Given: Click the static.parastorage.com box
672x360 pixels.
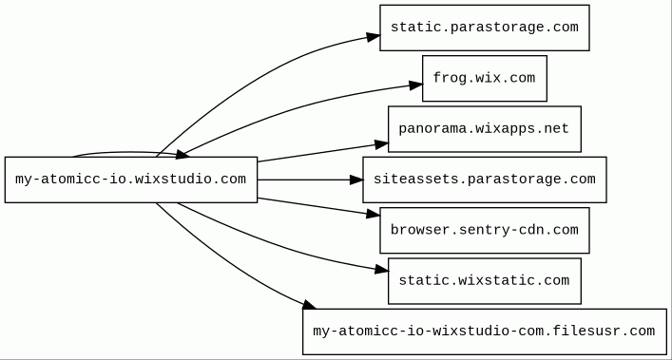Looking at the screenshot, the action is pos(485,28).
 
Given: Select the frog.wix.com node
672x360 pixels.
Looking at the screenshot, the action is pos(485,78).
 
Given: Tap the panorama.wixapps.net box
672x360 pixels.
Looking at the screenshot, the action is pos(485,129).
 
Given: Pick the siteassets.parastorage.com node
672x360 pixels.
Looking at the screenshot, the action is pos(485,180).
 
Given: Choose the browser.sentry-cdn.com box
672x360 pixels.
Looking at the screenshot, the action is pos(485,230).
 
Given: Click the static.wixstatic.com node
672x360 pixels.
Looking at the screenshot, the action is pos(485,281).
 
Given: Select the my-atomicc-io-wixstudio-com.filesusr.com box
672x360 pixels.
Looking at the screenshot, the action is pos(485,332).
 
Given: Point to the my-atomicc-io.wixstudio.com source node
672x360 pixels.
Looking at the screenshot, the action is pos(131,180).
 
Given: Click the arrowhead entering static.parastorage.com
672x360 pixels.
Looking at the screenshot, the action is pos(374,37).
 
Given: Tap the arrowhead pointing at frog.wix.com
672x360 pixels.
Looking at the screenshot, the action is pos(415,85).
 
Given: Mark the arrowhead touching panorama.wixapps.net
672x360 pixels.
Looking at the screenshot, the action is pos(381,144).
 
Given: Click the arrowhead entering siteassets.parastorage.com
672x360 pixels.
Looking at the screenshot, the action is pos(356,180).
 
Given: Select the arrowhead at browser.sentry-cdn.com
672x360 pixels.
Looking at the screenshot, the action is pos(374,214).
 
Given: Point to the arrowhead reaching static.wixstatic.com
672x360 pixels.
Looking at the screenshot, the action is pos(382,270).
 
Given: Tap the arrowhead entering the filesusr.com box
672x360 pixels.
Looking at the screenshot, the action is pos(309,305).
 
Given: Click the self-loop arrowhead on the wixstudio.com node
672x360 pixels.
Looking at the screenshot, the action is pos(182,154).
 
